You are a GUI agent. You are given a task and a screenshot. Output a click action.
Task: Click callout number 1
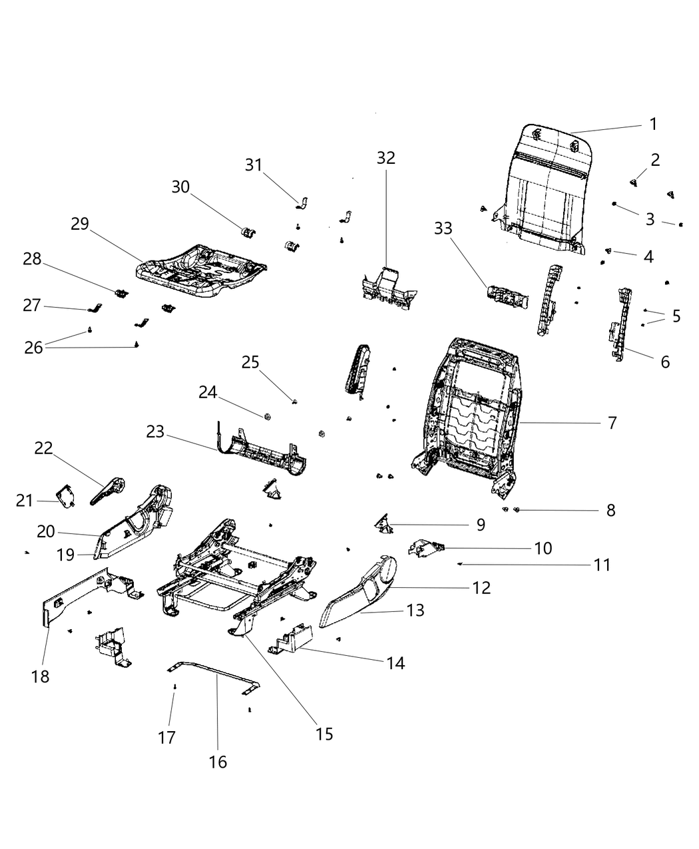(653, 124)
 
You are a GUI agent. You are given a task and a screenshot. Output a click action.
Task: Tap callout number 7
(612, 423)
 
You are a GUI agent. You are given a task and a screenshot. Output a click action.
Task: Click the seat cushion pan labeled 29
(200, 270)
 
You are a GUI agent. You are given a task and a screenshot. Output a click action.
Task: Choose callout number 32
(386, 158)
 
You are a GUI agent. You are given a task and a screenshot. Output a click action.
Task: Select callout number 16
(218, 762)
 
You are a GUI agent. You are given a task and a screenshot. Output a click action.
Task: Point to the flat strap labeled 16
(213, 673)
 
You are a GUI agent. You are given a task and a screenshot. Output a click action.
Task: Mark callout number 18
(40, 677)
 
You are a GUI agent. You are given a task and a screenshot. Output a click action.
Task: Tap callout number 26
(34, 347)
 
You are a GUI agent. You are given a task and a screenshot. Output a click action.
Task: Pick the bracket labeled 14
(293, 638)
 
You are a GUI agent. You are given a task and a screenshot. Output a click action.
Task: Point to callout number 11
(602, 565)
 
